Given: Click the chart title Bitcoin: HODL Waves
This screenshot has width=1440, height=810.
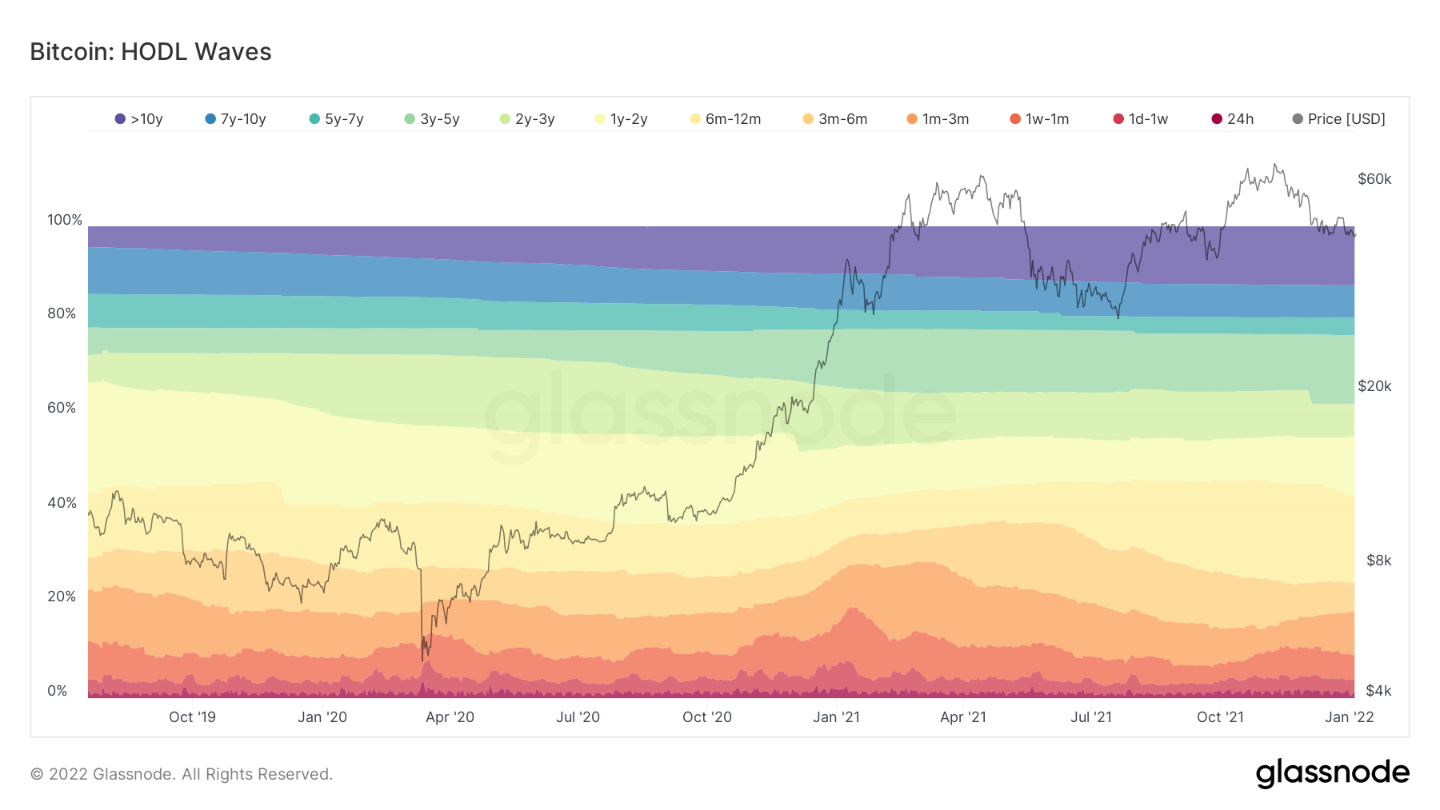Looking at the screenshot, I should (x=150, y=52).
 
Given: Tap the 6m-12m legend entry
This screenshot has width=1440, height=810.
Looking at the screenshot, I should (x=726, y=119).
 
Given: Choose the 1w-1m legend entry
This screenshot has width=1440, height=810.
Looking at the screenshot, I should (x=1039, y=119).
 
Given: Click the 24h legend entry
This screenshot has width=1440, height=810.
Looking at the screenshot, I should (x=1233, y=119).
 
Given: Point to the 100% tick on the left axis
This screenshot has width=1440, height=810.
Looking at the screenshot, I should (x=65, y=220).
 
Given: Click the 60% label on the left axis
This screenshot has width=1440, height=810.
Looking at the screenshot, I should (x=62, y=408).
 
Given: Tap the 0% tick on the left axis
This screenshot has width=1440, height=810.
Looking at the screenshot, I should (x=58, y=691).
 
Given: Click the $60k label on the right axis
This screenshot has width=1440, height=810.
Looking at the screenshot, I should (x=1374, y=179).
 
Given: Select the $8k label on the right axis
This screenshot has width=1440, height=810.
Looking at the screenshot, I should (x=1378, y=561).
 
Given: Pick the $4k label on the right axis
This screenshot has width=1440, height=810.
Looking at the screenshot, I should (x=1378, y=691).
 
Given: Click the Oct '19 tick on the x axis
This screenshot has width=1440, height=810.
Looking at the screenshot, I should (x=192, y=717).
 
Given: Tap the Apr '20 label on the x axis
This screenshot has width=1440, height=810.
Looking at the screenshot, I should (x=450, y=717).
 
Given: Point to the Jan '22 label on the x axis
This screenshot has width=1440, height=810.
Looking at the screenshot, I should (x=1349, y=717).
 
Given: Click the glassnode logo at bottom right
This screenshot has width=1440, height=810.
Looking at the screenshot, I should (x=1332, y=773).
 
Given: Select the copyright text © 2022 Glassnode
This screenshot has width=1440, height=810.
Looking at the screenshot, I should (x=182, y=774).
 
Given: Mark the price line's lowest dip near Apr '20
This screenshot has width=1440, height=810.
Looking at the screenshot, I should (x=422, y=660).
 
